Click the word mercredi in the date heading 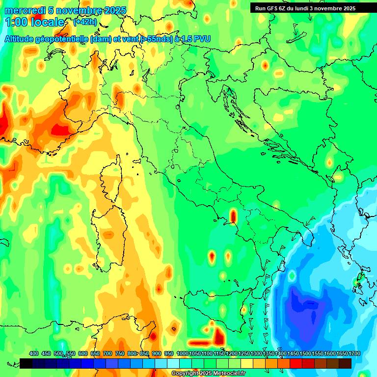[22, 10]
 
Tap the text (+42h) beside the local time [85, 22]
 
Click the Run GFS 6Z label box [312, 8]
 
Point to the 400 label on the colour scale [34, 353]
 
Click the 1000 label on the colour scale [183, 353]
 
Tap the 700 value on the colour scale [108, 353]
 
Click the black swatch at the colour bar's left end [26, 363]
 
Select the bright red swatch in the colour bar [296, 363]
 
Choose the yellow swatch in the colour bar [247, 363]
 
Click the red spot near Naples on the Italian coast [233, 215]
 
